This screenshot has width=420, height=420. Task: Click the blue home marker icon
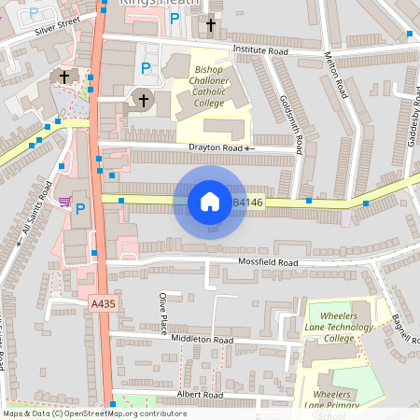(x=210, y=202)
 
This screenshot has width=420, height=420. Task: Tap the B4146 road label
(x=247, y=202)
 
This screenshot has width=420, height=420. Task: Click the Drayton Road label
(x=216, y=148)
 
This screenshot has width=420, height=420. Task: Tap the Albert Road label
(x=201, y=396)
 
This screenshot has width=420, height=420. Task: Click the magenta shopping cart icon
(x=64, y=201)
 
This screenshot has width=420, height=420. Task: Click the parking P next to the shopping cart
(x=80, y=208)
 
